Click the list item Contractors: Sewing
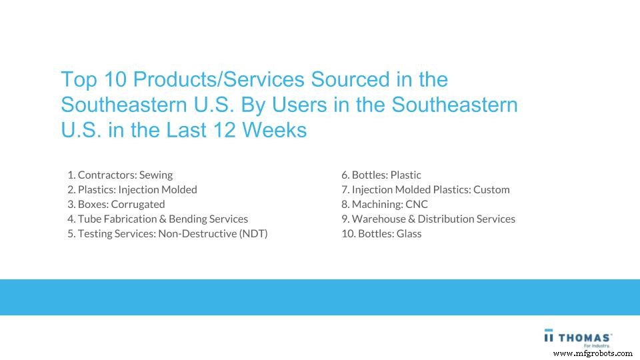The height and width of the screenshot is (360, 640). tap(120, 175)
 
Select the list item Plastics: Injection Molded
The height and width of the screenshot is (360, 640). tap(132, 190)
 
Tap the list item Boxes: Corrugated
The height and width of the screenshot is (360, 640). tap(116, 205)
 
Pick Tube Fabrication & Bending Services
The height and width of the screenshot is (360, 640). tap(157, 219)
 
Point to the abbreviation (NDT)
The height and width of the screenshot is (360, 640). tap(253, 234)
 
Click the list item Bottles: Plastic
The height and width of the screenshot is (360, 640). tap(381, 175)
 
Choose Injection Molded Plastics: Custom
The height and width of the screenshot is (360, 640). tap(425, 190)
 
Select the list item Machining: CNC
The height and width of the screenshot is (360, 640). tap(385, 205)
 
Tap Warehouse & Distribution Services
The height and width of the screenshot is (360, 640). tap(428, 219)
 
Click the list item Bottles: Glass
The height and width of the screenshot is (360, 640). tap(381, 234)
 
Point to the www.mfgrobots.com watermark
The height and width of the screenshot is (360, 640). tap(593, 353)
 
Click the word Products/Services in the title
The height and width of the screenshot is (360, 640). tap(219, 80)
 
